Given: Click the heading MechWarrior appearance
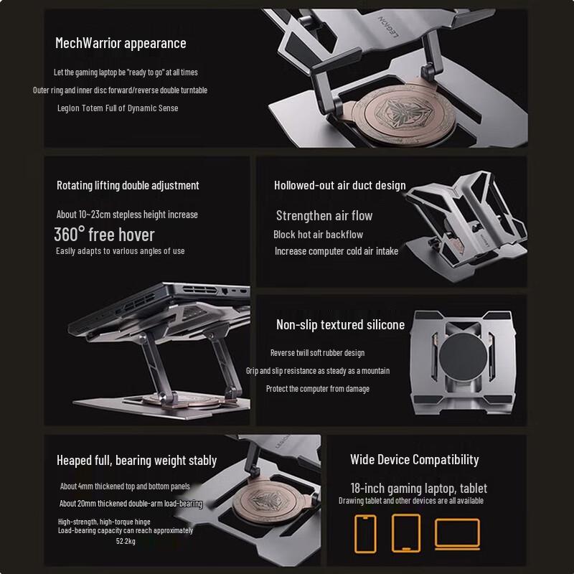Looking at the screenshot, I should pyautogui.click(x=121, y=43).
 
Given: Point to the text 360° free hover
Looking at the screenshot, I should pyautogui.click(x=104, y=234).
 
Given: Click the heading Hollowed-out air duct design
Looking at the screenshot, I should pyautogui.click(x=339, y=185).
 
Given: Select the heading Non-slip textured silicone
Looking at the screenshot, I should pyautogui.click(x=340, y=325).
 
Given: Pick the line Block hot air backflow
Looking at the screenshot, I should pyautogui.click(x=318, y=235).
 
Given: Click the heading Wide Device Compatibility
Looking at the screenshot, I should pyautogui.click(x=414, y=459).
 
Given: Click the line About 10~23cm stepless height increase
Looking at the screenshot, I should pyautogui.click(x=127, y=215).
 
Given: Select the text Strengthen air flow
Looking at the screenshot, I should pyautogui.click(x=324, y=215).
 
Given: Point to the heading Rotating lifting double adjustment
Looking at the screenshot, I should pyautogui.click(x=128, y=185).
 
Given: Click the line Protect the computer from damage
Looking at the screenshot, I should pyautogui.click(x=317, y=388).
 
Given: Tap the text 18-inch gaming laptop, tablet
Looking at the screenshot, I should pyautogui.click(x=418, y=488).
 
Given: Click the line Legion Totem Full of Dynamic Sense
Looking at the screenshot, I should pyautogui.click(x=118, y=108).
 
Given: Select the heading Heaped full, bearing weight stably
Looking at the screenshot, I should pyautogui.click(x=136, y=460).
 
